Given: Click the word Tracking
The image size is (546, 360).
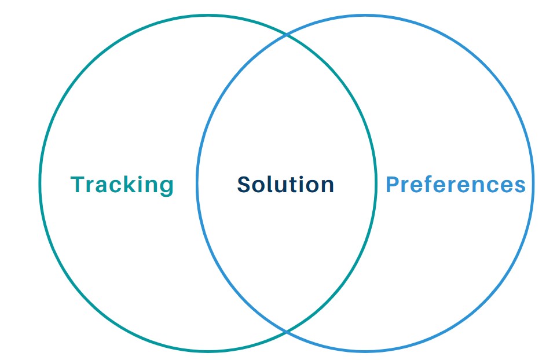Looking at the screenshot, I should point(122,185).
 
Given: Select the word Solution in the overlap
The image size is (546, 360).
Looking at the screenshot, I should point(285,185).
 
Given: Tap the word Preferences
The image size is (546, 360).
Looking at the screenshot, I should point(456,185).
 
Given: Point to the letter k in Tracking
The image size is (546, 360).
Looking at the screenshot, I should point(131,184).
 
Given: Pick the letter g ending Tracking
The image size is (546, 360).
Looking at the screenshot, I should point(166,186).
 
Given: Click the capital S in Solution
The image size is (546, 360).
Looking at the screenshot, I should point(244,185).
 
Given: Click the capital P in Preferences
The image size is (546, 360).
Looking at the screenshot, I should point(393,185).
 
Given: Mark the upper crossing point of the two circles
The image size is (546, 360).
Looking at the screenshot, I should point(287,35).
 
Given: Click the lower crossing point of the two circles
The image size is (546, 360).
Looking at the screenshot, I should point(287,332).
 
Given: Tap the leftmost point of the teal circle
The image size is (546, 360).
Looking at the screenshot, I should point(39,183).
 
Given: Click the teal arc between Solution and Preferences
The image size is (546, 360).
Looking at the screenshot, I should point(376,183).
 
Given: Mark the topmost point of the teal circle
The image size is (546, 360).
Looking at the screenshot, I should point(207,15).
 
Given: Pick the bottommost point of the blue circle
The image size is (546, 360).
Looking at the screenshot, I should point(365,351).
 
